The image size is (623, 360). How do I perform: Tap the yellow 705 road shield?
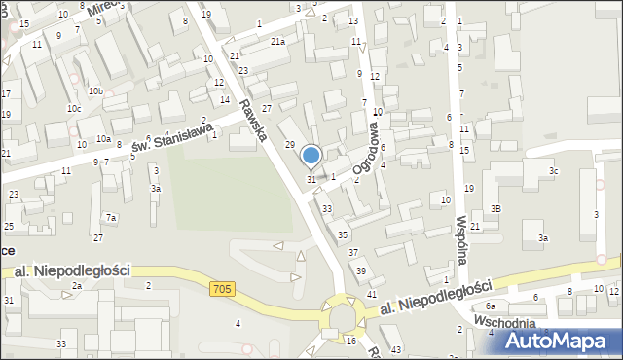click(x=222, y=288)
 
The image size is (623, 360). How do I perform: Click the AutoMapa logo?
click(x=562, y=341)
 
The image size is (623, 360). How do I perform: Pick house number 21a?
click(x=278, y=41)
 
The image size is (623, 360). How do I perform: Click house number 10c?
click(x=74, y=108)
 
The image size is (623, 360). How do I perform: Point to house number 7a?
click(x=112, y=217)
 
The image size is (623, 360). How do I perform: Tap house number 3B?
click(x=495, y=208)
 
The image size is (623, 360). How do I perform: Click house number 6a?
click(x=491, y=306)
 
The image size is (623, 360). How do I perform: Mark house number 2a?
click(x=76, y=286)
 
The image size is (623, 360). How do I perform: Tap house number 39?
click(x=361, y=270)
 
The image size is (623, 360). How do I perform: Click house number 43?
click(x=395, y=349)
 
